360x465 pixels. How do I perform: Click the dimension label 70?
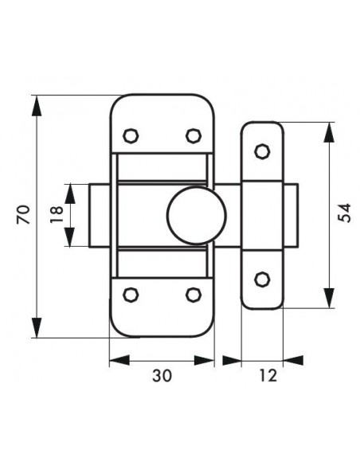coord(24,214)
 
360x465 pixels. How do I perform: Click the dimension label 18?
coord(57,214)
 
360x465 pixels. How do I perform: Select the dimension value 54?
coord(345,213)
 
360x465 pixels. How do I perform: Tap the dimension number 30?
coord(162,376)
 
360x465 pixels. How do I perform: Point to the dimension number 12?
coord(268,376)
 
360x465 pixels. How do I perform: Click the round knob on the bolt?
coord(196,215)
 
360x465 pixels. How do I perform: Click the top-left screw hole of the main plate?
coord(131,136)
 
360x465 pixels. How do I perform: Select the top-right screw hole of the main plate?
coord(194,136)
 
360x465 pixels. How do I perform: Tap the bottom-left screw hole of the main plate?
coord(131,295)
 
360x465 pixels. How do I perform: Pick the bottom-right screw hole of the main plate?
coord(194,295)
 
